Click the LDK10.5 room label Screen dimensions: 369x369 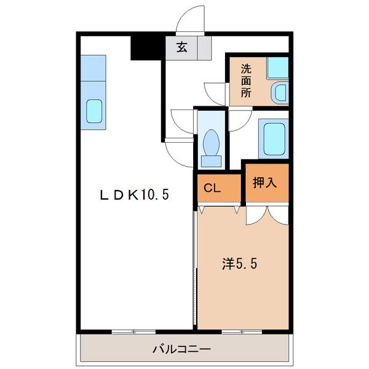135,195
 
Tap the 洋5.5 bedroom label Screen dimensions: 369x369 239,264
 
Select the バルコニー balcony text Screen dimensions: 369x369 181,349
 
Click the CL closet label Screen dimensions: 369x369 212,189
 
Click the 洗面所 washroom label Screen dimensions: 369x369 245,81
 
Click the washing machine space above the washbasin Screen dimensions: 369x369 277,66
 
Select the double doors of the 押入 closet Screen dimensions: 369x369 266,215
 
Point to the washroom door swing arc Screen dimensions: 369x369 216,92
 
